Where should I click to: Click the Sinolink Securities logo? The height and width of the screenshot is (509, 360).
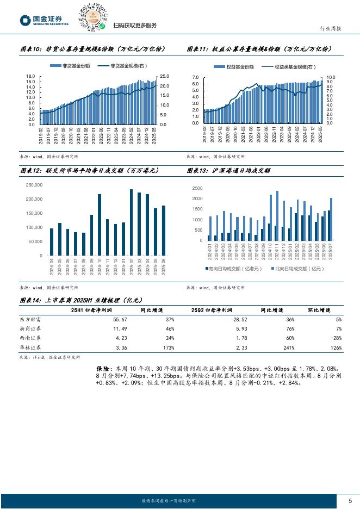point(44,20)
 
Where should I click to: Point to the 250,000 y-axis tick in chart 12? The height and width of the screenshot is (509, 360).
point(34,185)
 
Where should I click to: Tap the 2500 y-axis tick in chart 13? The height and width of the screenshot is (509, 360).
point(198,188)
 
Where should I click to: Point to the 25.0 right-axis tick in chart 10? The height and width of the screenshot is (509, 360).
point(164,77)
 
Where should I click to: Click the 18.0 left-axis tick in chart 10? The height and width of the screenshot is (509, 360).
point(30,77)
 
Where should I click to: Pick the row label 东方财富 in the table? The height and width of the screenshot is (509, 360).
point(31,320)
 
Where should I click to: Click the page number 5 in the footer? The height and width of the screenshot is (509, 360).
point(350,500)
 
